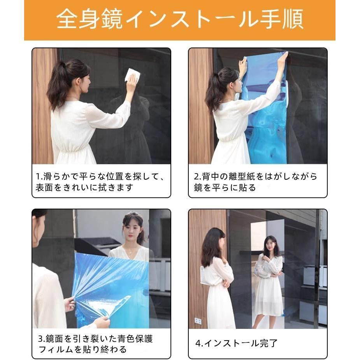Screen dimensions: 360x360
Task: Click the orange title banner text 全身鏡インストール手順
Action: [180, 20]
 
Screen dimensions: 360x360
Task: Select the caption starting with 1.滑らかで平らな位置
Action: [100, 182]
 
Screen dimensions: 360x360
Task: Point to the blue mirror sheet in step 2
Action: [265, 117]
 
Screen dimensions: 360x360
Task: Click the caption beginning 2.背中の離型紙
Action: [256, 182]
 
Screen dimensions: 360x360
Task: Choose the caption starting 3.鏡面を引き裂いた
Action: [95, 344]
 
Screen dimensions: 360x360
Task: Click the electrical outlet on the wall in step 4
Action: [198, 321]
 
